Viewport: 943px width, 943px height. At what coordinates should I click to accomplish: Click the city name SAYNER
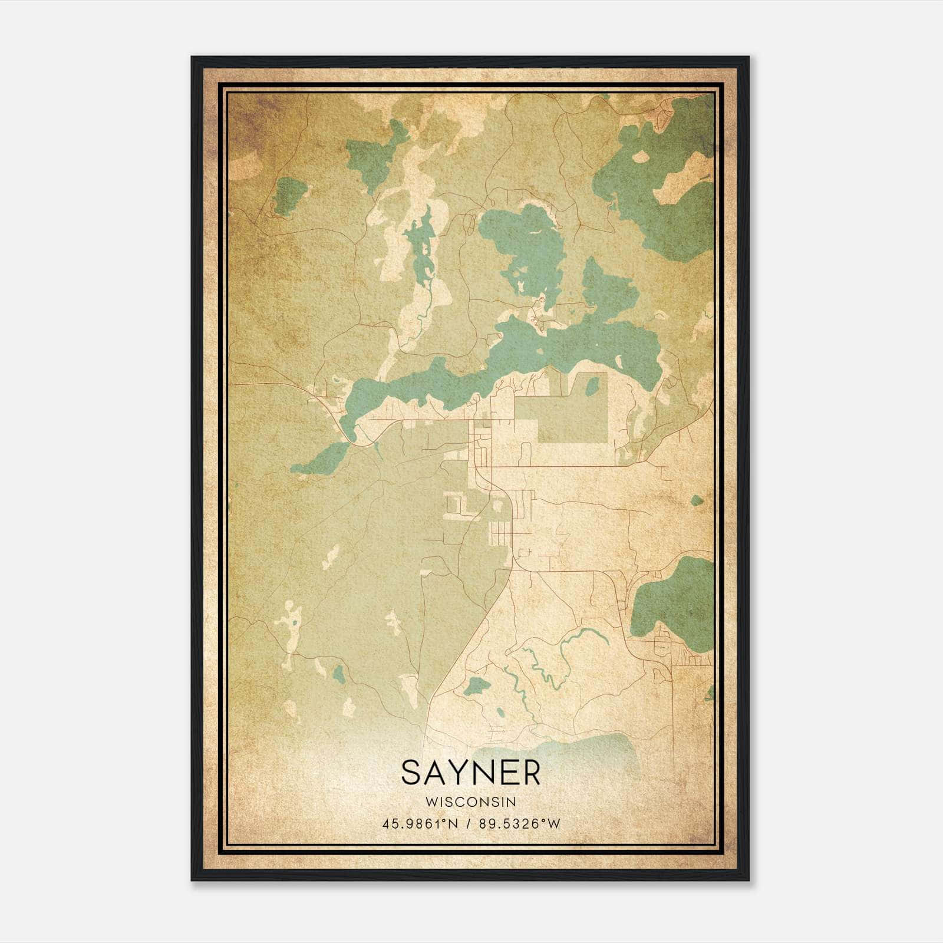point(470,773)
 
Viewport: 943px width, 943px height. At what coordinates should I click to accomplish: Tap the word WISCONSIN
point(470,802)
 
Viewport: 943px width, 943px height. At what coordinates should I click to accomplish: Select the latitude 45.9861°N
point(419,824)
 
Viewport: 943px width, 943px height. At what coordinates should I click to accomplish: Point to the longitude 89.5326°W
point(518,824)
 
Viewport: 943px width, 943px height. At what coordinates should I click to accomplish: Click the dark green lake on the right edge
point(672,604)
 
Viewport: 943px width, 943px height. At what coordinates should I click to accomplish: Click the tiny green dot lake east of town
point(697,500)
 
